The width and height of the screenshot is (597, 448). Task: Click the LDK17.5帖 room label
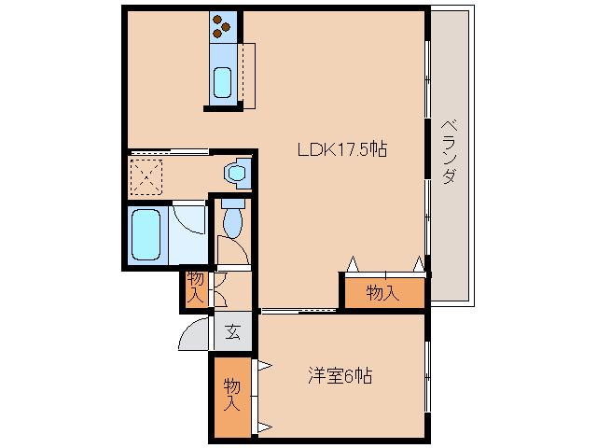[342, 148]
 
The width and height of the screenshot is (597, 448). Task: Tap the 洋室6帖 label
[340, 376]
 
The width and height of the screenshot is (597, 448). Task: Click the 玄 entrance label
[232, 330]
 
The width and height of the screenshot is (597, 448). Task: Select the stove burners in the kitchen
[224, 27]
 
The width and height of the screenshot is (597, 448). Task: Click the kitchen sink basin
[223, 82]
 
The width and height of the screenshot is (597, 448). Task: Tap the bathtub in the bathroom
[147, 234]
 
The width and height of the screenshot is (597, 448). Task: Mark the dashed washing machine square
[146, 175]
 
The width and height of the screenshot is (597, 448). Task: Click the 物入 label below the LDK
[382, 293]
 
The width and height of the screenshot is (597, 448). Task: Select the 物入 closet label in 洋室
[230, 396]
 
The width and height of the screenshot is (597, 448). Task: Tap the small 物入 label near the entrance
[195, 287]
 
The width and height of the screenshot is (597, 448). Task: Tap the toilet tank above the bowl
[232, 202]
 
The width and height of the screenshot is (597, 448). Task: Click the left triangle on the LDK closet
[353, 265]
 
